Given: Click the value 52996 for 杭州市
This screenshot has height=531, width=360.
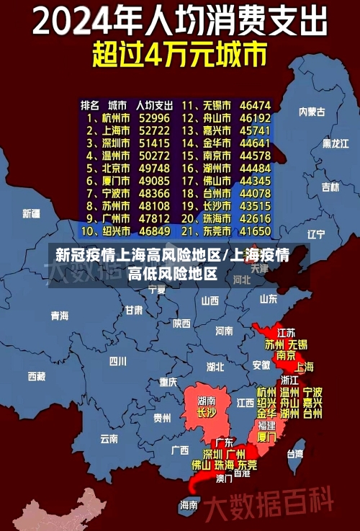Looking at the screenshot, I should click(154, 117).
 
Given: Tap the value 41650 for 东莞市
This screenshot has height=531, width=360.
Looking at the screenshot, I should click(255, 231).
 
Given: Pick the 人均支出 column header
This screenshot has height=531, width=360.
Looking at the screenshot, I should click(154, 104).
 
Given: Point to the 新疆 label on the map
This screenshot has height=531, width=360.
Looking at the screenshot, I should click(32, 213).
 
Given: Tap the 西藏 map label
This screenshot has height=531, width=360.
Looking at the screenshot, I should click(36, 376).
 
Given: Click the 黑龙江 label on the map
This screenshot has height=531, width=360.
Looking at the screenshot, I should click(336, 143).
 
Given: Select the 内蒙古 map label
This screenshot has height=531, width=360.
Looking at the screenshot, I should click(312, 112).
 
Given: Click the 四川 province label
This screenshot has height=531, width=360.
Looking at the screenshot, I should click(117, 361).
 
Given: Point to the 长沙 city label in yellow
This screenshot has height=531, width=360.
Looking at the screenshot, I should click(207, 413).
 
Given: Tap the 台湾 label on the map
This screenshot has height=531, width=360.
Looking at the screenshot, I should click(295, 454).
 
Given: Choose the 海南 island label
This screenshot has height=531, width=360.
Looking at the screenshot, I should click(189, 504).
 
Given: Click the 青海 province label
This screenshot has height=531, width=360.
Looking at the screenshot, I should click(59, 316).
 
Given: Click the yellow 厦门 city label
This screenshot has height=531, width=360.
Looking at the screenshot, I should click(266, 437).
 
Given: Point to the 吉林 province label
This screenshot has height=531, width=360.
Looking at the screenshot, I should click(330, 187).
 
